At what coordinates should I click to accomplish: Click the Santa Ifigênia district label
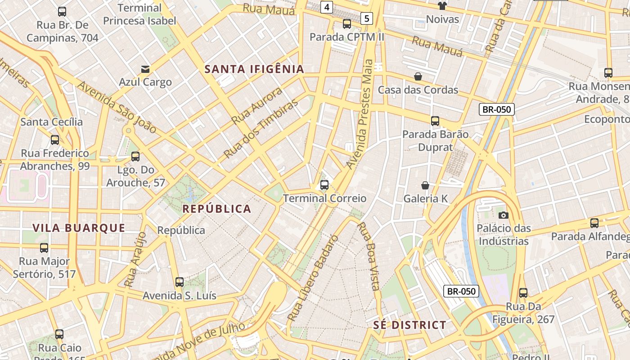[254, 69]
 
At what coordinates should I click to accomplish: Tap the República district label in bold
[216, 209]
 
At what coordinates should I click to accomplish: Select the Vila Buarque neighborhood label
[79, 228]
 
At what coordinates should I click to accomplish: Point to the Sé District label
[409, 325]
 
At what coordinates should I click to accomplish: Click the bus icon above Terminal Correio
[324, 184]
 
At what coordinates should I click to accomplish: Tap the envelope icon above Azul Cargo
[145, 69]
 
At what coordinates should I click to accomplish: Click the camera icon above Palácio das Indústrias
[504, 215]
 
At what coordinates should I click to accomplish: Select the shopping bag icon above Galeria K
[425, 185]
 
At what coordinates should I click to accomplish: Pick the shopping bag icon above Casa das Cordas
[418, 77]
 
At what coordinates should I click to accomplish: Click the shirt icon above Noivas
[442, 6]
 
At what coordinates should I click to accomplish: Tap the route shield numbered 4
[327, 7]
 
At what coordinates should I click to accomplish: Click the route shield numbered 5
[367, 18]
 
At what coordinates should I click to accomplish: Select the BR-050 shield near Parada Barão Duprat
[496, 109]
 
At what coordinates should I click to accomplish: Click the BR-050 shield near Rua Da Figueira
[461, 291]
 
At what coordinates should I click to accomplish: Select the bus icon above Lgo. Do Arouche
[135, 157]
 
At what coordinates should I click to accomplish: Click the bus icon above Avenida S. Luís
[179, 283]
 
